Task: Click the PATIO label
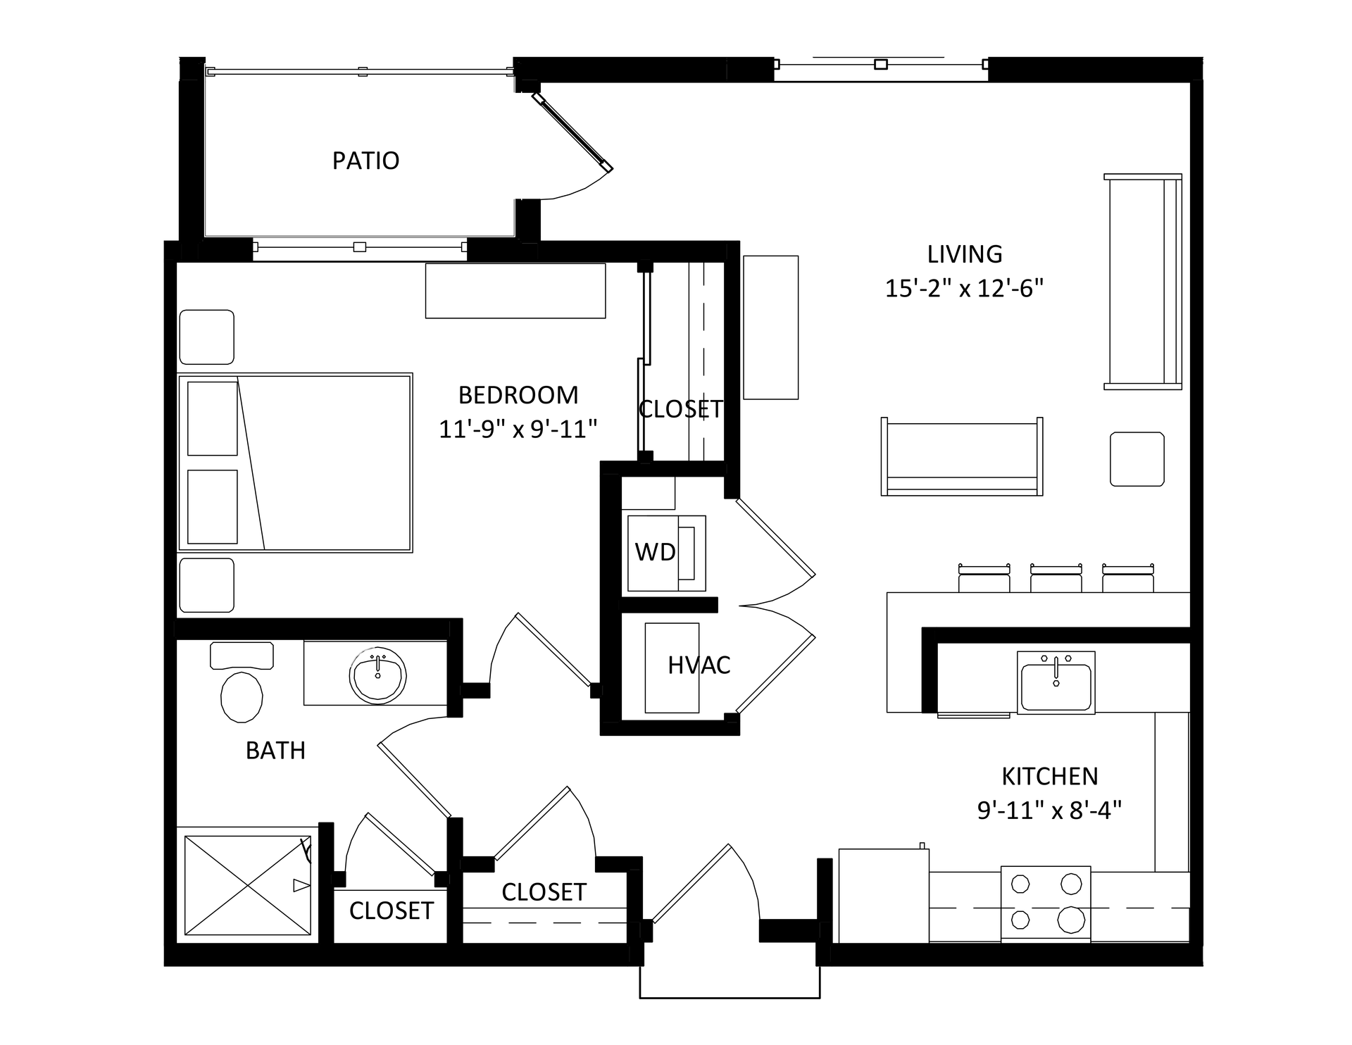click(x=365, y=161)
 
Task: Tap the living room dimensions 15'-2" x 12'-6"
click(x=964, y=289)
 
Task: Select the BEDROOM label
click(x=518, y=395)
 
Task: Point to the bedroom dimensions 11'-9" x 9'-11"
click(x=518, y=429)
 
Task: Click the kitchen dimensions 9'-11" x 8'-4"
click(x=1049, y=811)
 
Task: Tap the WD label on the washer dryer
click(x=655, y=552)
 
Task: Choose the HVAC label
click(x=699, y=665)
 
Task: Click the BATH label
click(x=275, y=751)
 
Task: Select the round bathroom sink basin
click(x=378, y=675)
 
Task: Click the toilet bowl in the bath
click(x=242, y=697)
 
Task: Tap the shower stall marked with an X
click(x=247, y=885)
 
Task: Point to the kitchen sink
click(x=1056, y=682)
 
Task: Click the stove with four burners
click(x=1046, y=903)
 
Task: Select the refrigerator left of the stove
click(x=884, y=895)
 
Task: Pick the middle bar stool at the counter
click(x=1056, y=578)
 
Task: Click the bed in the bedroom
click(x=295, y=463)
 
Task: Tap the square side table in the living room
click(x=1137, y=459)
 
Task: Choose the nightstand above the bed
click(x=207, y=337)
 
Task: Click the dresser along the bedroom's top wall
click(x=515, y=291)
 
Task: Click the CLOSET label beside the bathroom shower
click(x=392, y=911)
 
